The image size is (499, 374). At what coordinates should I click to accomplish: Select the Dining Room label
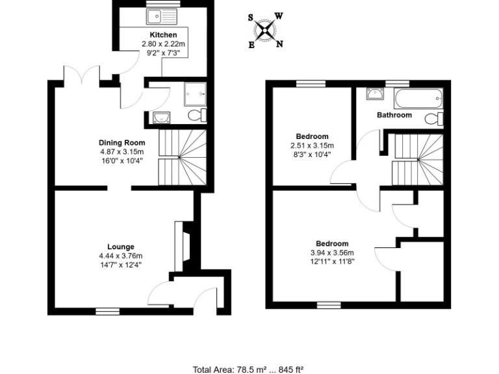(122, 143)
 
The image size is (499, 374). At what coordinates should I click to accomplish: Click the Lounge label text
(121, 247)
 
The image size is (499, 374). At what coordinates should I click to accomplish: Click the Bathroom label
(394, 115)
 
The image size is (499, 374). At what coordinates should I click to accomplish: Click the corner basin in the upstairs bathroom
(374, 95)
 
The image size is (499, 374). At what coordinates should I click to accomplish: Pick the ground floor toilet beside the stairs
(196, 116)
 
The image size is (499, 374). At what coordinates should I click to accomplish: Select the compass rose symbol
(266, 30)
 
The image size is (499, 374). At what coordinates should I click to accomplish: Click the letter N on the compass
(279, 44)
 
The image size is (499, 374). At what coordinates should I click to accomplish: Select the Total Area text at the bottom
(249, 369)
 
